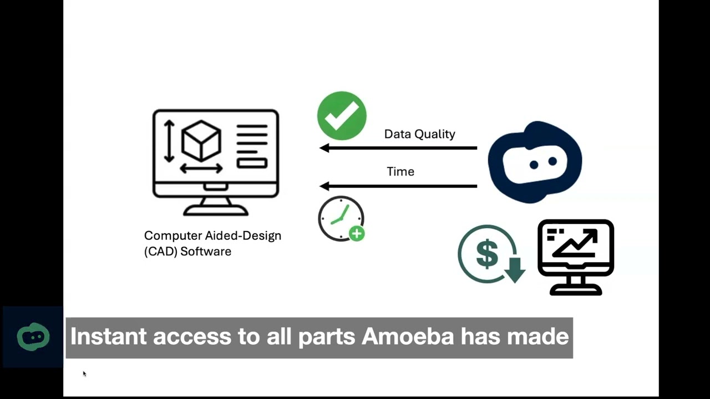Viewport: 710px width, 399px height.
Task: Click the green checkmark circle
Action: tap(342, 116)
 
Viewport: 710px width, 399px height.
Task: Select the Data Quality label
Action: tap(419, 134)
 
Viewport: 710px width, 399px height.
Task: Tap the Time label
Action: tap(400, 172)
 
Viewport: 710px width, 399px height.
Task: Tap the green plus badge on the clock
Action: tap(357, 234)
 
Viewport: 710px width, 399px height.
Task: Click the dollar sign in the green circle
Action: tap(486, 253)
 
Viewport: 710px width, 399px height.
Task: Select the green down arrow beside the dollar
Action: tap(515, 269)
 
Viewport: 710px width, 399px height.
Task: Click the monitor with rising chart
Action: tap(575, 256)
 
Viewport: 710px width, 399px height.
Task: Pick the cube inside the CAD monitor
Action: tap(201, 140)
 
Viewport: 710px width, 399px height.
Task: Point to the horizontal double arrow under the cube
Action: tap(201, 168)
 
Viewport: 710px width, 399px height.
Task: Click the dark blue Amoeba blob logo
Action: tap(535, 161)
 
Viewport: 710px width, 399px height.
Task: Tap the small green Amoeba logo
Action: tap(33, 337)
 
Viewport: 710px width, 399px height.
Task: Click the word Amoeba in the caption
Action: tap(408, 336)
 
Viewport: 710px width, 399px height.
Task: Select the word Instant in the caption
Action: tap(108, 336)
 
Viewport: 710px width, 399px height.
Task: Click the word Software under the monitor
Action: tap(205, 252)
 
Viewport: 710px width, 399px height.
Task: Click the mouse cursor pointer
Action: tap(84, 374)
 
